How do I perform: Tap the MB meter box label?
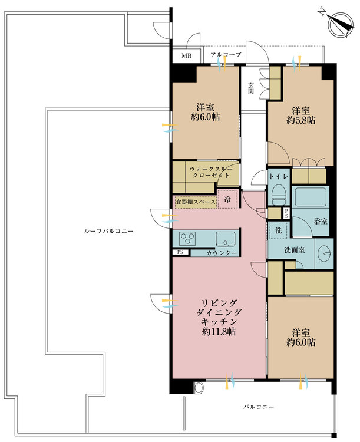coord(187,56)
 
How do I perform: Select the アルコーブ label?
coord(226,55)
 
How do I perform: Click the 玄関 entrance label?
coord(250,88)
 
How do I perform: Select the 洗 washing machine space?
coord(278,230)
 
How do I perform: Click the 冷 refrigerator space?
coord(227,199)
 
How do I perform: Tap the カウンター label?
coord(222,253)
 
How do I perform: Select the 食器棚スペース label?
coord(196,202)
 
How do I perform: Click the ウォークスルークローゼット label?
coord(211,172)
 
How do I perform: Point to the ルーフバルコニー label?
coord(108,231)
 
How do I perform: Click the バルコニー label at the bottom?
coord(259,407)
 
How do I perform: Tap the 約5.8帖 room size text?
coord(301,120)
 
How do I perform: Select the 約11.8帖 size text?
coord(219,331)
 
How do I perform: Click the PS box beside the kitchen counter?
coord(180,252)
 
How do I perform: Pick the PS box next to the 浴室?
coord(286,213)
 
